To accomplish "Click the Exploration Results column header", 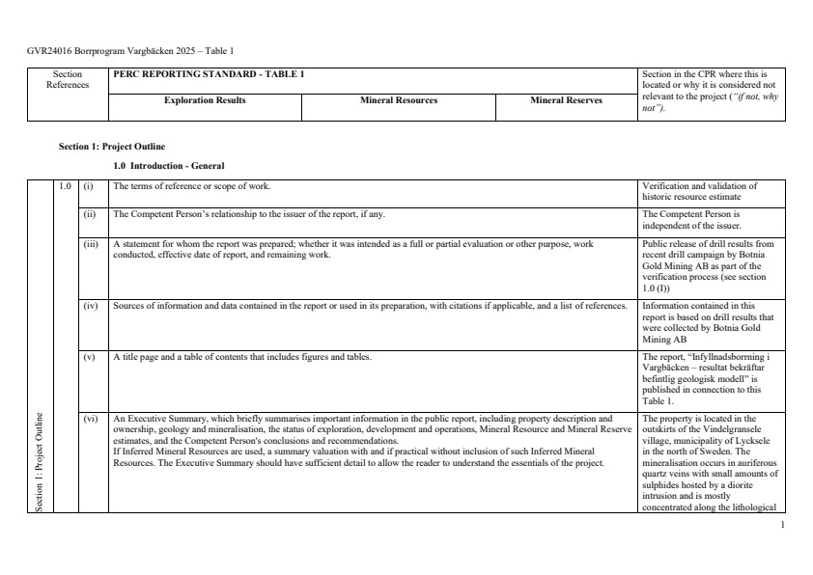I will (x=205, y=100).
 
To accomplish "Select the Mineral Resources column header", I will (x=398, y=100).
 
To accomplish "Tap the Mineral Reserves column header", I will (x=566, y=100).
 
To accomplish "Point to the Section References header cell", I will (x=68, y=79).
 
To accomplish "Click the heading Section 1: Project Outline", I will (x=112, y=147).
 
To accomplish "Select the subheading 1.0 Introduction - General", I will (x=169, y=166).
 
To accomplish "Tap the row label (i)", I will (x=89, y=185).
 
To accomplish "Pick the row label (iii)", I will (x=90, y=245).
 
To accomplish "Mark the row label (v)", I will (x=89, y=357).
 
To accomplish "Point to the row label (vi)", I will (x=90, y=419).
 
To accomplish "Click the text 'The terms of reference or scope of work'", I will (x=192, y=185).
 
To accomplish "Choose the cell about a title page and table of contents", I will (x=241, y=357).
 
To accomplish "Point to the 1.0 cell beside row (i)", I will (x=65, y=185).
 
